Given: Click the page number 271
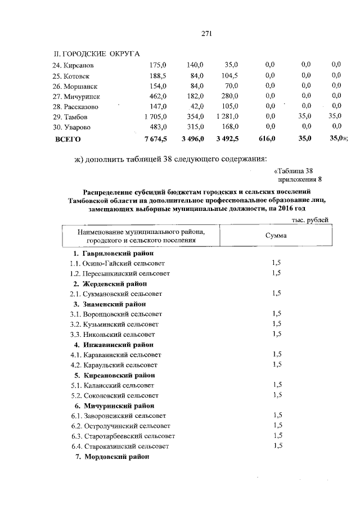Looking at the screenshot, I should (206, 33).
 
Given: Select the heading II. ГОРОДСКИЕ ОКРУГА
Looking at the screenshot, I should (96, 53).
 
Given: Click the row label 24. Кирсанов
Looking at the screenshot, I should (73, 65).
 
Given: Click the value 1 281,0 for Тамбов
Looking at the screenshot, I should (227, 116).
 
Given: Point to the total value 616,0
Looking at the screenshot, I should (266, 138).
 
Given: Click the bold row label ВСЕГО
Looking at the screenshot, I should (67, 138).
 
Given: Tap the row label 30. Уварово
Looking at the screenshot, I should (73, 127).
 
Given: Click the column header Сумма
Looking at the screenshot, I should (276, 235).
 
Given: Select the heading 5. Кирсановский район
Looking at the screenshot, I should (114, 375).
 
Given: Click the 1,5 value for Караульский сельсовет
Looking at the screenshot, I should (276, 364).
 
